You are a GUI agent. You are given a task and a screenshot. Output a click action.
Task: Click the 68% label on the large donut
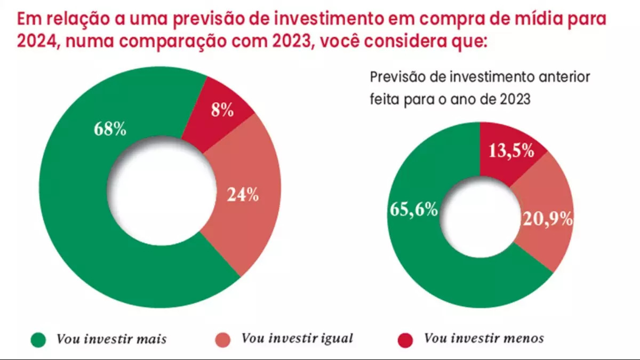point(110,129)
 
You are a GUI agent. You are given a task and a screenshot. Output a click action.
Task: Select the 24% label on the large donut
point(243,195)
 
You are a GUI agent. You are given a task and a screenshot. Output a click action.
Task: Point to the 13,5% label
point(511,151)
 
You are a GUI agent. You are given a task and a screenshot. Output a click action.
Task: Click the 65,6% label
point(414,210)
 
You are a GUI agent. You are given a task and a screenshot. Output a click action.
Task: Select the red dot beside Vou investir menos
point(406,339)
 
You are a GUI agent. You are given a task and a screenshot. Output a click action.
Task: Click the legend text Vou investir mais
point(111,339)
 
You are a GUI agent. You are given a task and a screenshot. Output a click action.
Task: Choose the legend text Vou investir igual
point(297,338)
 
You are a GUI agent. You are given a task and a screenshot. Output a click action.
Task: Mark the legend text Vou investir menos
point(484,338)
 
